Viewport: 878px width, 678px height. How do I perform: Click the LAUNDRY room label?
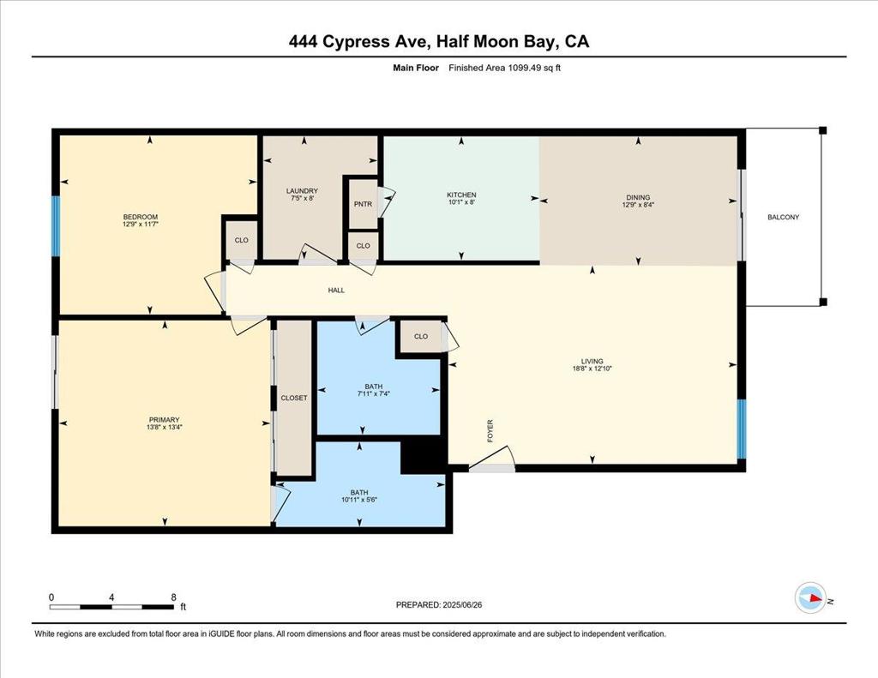point(302,191)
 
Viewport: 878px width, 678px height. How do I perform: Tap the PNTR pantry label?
point(363,204)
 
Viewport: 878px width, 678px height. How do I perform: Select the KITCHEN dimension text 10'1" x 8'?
point(461,201)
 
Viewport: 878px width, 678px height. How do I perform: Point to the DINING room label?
point(638,197)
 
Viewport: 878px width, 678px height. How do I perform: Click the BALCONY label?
point(784,217)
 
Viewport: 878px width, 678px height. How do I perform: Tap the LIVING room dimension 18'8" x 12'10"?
point(592,369)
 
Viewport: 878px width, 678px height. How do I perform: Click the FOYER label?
point(490,431)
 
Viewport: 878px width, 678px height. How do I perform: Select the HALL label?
point(336,290)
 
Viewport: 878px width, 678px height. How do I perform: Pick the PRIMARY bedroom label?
point(164,419)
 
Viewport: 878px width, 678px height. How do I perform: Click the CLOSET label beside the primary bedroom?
point(294,398)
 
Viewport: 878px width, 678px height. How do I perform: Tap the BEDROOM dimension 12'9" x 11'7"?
point(141,224)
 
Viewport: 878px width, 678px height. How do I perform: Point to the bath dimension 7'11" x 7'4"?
point(374,393)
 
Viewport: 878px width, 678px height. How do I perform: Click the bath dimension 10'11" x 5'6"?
point(359,500)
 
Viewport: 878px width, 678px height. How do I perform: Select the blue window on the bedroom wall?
point(56,226)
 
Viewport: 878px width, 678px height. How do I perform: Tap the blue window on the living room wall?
point(742,429)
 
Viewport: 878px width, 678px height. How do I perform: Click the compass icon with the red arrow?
point(811,598)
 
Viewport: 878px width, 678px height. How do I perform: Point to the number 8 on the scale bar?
point(173,597)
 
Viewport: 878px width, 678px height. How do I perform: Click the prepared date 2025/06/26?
point(462,604)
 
